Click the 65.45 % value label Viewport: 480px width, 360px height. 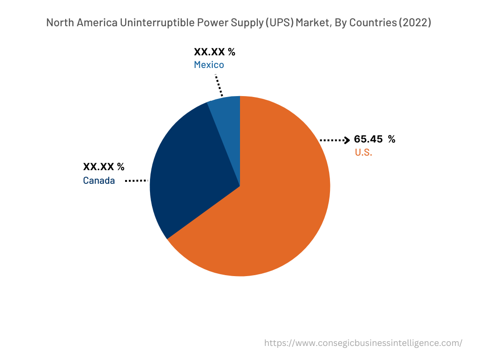pos(375,139)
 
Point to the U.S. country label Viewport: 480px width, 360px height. pos(363,152)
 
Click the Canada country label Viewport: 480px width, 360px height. pos(99,180)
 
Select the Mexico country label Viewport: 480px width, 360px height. pos(209,65)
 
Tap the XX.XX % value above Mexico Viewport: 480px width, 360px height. pos(215,52)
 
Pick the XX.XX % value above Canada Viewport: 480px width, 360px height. pos(104,167)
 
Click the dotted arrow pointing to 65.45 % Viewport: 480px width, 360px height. pos(335,140)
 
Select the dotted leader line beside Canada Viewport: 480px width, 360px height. pos(136,180)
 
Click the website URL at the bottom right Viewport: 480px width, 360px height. pos(363,343)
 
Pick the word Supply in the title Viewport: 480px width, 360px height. pos(244,22)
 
